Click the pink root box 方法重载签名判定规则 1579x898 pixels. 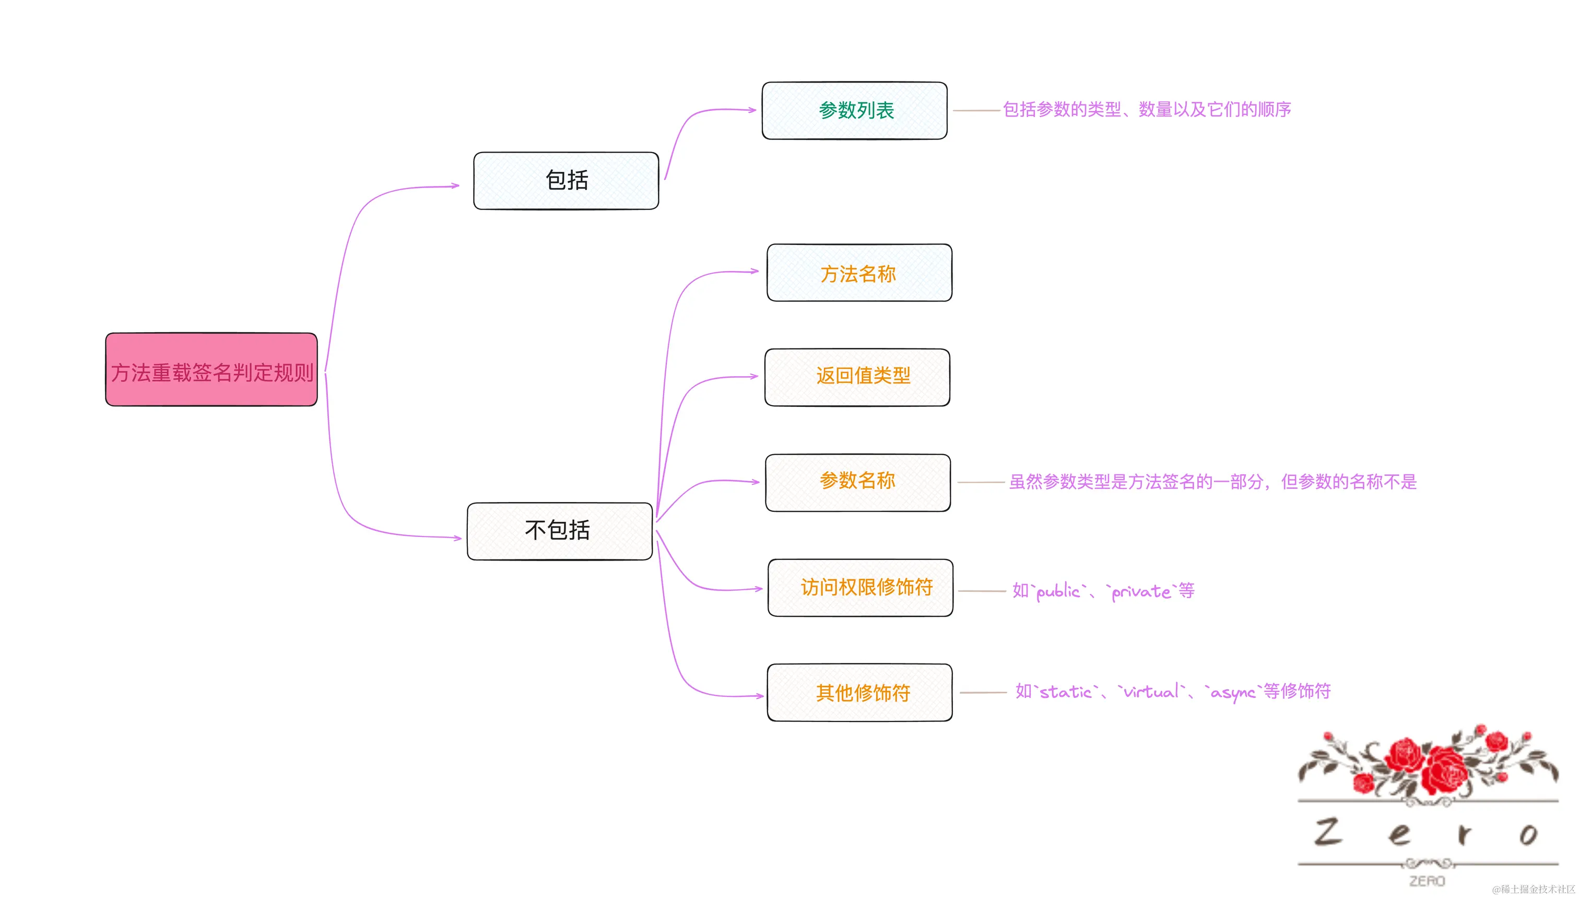point(211,370)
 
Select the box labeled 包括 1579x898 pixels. point(566,181)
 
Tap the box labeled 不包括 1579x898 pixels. point(559,531)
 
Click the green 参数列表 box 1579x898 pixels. point(854,110)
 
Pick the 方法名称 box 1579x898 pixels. point(859,273)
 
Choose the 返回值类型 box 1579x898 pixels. point(857,377)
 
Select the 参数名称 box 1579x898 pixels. point(857,482)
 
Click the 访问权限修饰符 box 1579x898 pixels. point(861,588)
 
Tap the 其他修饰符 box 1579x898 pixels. point(860,693)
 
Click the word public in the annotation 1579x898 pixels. point(1058,591)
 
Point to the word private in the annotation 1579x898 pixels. point(1141,591)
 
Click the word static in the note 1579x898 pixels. point(1066,692)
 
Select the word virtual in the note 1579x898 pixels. point(1151,692)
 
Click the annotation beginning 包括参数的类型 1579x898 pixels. point(1146,110)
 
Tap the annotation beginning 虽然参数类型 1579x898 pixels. point(1212,482)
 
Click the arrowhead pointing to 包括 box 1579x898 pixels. point(455,185)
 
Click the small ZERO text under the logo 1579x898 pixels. point(1427,881)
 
